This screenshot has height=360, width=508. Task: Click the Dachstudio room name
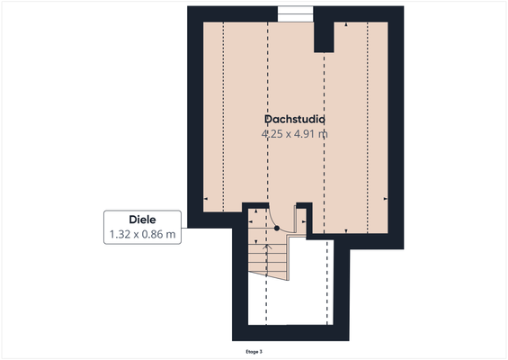294,119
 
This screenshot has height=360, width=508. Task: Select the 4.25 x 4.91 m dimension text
294,134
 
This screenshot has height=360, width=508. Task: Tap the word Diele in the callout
144,220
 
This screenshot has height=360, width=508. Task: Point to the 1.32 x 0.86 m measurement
144,235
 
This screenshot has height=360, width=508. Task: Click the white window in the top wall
294,13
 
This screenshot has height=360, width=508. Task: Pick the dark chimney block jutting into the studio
323,35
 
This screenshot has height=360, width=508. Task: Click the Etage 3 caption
254,350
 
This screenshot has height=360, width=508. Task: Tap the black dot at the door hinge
278,228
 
